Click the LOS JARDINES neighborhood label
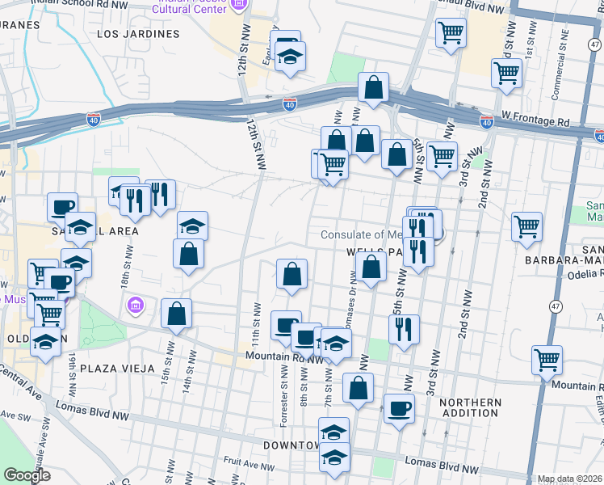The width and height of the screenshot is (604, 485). tap(138, 35)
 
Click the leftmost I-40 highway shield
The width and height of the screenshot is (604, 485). tap(94, 119)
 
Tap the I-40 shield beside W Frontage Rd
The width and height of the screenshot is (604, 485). tap(486, 121)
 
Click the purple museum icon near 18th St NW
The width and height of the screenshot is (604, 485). tap(135, 306)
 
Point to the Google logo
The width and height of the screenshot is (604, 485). tap(27, 475)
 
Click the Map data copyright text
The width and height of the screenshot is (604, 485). tap(569, 479)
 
